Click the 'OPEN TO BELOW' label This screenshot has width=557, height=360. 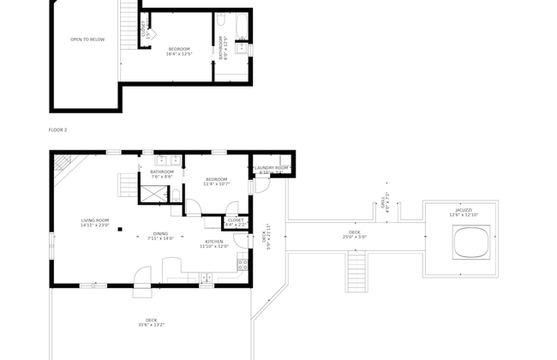[87, 39]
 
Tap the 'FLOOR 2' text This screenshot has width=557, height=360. [58, 129]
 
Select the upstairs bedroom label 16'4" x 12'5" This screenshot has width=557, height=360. [179, 51]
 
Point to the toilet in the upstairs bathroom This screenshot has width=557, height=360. [241, 47]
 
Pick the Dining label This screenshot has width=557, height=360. [161, 236]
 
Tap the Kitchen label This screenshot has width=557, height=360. [214, 243]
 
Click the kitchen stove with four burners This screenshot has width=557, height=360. [243, 264]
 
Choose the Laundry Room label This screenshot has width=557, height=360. [271, 169]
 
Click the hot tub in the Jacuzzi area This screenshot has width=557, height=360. [470, 243]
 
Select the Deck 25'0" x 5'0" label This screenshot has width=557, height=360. [354, 235]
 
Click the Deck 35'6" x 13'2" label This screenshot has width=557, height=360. [151, 322]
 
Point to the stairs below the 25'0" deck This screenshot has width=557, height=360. [356, 271]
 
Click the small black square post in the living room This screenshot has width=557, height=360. [120, 229]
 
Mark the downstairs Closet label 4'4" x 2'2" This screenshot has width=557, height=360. [235, 222]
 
